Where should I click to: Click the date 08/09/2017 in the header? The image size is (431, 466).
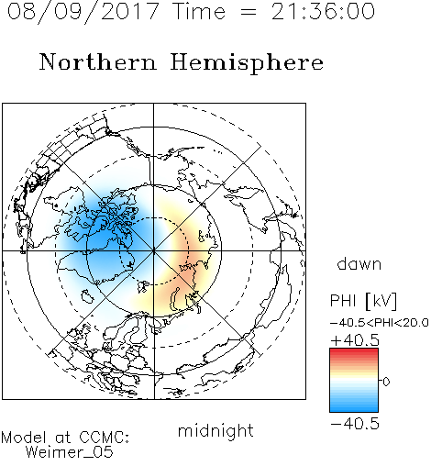point(83,12)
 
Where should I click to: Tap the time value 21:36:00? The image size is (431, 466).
point(323,11)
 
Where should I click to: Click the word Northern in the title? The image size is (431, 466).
point(98,61)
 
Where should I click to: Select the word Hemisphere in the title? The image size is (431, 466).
point(247,62)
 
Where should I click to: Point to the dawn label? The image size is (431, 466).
point(359,263)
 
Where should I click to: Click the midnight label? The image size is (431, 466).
point(215,431)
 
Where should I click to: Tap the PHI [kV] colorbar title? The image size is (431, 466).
point(363,301)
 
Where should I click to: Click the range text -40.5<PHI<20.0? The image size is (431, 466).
point(380,322)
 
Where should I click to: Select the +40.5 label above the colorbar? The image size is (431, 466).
point(355,340)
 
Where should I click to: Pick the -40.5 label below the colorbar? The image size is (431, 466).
point(355,425)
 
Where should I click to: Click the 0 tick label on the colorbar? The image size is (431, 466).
point(386,382)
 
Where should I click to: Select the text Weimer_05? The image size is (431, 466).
point(69,451)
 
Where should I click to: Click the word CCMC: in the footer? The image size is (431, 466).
point(104,438)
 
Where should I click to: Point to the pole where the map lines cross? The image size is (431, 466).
point(154,250)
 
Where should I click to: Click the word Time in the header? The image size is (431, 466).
point(199,11)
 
